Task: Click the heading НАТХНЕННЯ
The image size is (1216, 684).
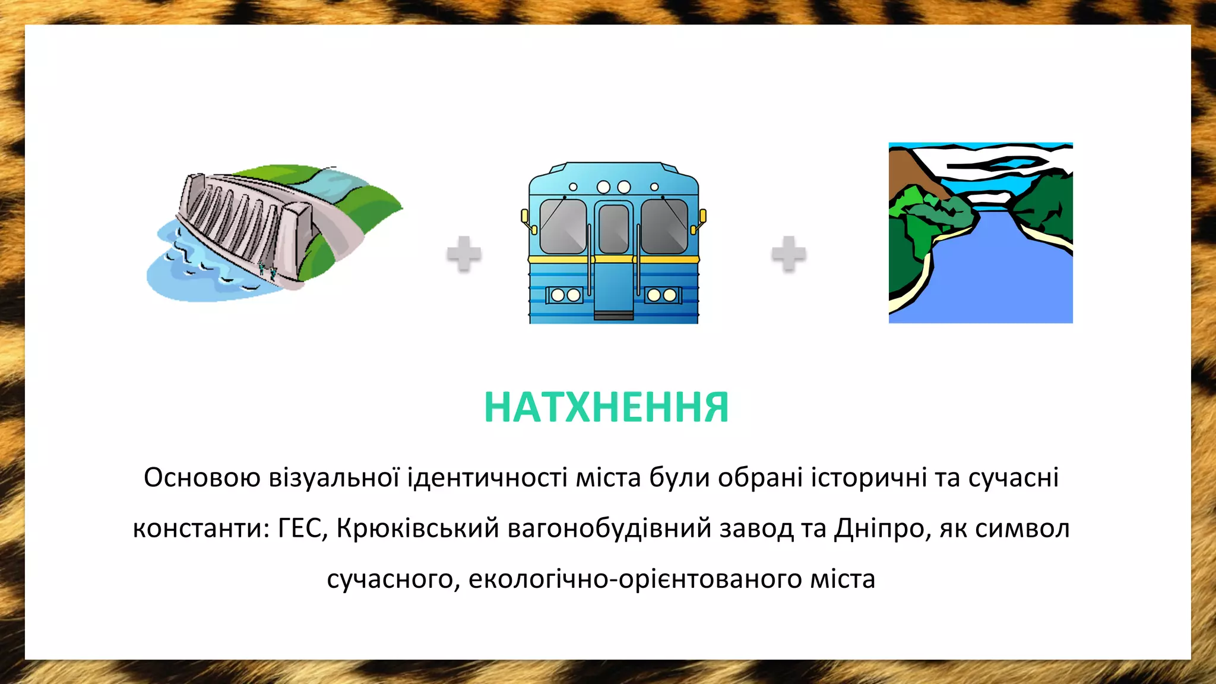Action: [x=606, y=408]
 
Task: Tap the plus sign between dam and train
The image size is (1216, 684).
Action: [x=464, y=254]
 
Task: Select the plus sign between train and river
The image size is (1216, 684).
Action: [x=788, y=254]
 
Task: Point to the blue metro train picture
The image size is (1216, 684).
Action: [x=613, y=243]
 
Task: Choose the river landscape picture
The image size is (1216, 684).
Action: [x=980, y=233]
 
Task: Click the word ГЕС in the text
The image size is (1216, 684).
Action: [x=303, y=528]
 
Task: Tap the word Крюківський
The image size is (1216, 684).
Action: [x=417, y=528]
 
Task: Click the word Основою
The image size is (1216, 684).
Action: [x=202, y=478]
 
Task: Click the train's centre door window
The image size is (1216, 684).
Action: [x=613, y=229]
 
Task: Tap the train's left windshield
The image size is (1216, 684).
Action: [x=562, y=226]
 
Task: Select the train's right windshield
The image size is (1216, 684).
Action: [x=664, y=226]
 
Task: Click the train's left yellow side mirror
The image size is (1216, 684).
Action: [x=525, y=218]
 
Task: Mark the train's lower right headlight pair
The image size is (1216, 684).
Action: [x=662, y=295]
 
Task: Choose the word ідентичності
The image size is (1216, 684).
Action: [x=487, y=478]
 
